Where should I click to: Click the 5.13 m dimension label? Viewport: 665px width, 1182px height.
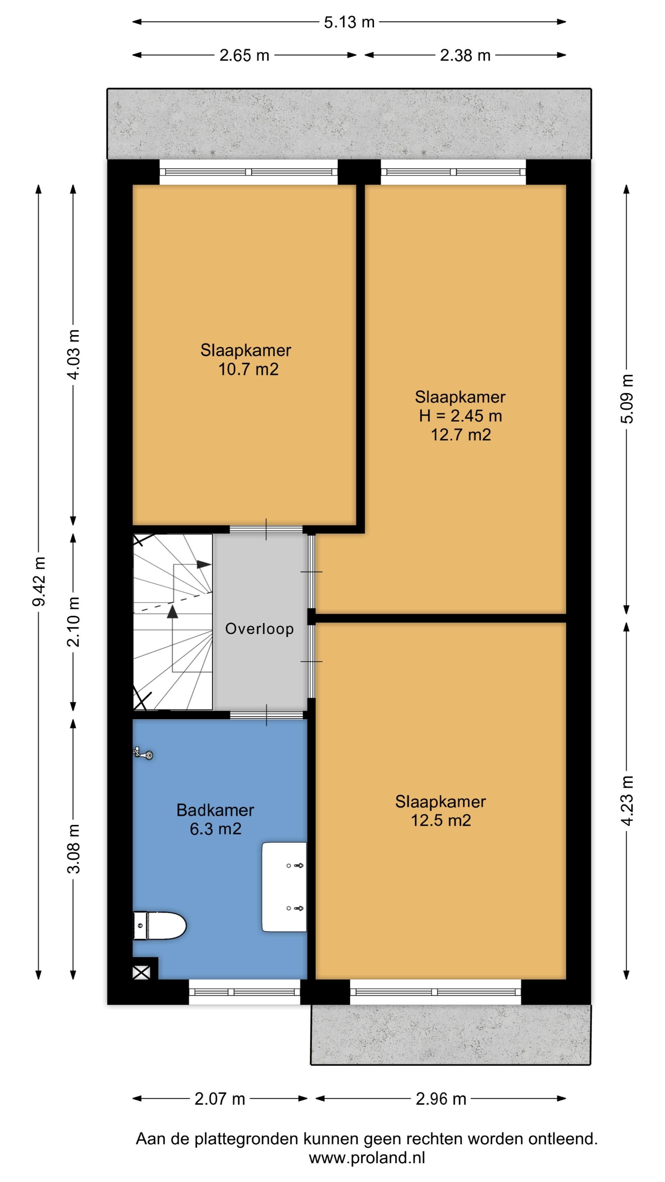[x=349, y=22]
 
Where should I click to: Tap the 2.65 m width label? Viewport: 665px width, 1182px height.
[x=244, y=55]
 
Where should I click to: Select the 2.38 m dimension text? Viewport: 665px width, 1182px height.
[x=465, y=55]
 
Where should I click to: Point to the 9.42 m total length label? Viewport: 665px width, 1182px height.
[x=39, y=581]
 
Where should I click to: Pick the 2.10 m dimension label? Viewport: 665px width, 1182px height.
[x=74, y=622]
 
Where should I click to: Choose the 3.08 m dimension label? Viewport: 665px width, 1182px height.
[x=74, y=848]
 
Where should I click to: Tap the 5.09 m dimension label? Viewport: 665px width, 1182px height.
[x=627, y=399]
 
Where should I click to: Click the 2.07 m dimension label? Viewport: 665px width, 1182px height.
[x=220, y=1099]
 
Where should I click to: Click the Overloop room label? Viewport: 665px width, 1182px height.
[x=259, y=629]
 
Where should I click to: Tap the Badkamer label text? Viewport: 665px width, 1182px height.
[x=215, y=810]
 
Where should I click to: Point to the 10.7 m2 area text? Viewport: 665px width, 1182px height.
[x=248, y=369]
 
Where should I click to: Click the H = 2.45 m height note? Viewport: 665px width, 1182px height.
[x=460, y=416]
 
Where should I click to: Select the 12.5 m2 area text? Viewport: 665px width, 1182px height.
[x=441, y=820]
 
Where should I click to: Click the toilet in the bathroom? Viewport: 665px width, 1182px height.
[x=159, y=926]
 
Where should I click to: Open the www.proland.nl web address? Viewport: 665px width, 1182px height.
[x=367, y=1158]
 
